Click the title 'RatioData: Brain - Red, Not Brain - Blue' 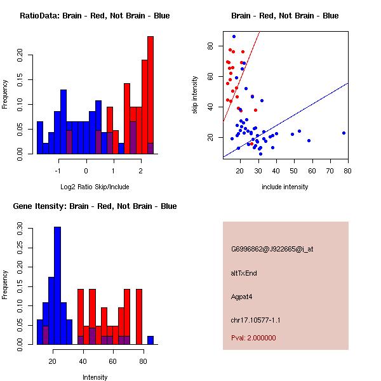tap(95, 16)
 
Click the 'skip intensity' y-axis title tap(196, 95)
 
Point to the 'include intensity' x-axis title tap(285, 187)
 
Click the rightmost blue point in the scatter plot tap(344, 133)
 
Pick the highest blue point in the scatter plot tap(234, 36)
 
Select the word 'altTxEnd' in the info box tap(244, 273)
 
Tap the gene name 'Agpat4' tap(242, 296)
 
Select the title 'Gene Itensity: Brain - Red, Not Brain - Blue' tap(95, 206)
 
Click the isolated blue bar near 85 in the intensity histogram tap(150, 340)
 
